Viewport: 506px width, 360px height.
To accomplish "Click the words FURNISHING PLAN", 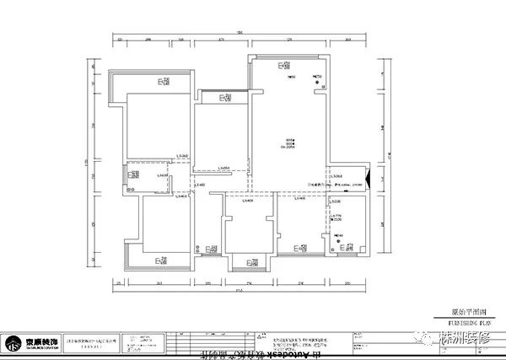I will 468,320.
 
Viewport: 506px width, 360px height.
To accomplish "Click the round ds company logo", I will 14,343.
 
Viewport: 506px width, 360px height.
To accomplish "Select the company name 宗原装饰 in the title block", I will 41,340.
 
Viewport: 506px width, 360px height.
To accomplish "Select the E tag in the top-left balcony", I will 161,82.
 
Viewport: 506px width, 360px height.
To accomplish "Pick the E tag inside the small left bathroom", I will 132,175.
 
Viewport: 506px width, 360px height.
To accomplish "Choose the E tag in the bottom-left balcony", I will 160,261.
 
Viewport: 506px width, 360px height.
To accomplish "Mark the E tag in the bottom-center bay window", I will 249,262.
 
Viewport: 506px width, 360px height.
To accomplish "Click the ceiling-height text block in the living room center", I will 288,143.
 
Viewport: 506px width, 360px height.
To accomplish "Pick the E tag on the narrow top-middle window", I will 223,98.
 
